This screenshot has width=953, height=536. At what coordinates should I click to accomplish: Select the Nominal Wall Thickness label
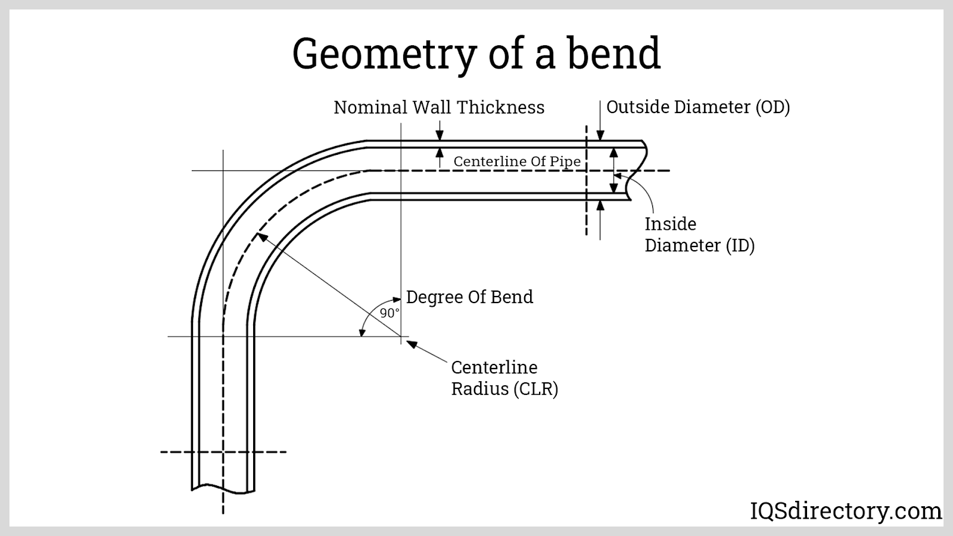click(439, 107)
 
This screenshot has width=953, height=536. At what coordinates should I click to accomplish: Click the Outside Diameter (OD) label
click(698, 107)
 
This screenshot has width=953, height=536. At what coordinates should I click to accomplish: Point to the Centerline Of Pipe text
click(517, 161)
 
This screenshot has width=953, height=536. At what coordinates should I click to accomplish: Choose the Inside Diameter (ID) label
click(699, 235)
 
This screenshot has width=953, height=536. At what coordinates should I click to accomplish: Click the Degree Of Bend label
click(469, 297)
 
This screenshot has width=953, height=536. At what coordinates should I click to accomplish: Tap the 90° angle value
click(390, 313)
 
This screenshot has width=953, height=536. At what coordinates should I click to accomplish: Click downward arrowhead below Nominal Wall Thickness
click(440, 135)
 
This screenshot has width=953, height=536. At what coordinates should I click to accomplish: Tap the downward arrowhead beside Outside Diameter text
click(600, 135)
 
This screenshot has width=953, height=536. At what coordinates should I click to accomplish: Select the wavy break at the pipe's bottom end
click(223, 488)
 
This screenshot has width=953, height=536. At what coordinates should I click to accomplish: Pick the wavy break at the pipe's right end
click(637, 170)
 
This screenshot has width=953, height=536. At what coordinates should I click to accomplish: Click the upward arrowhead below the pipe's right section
click(600, 205)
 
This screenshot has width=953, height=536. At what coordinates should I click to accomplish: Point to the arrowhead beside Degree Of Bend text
click(397, 298)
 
